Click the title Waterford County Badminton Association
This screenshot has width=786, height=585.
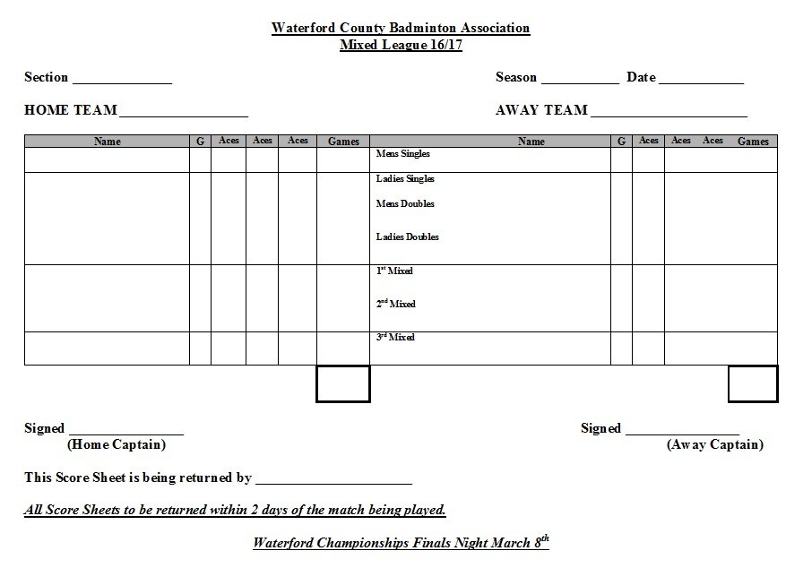click(401, 28)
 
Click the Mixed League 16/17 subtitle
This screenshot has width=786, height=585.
click(401, 45)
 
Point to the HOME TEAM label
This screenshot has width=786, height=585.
click(71, 110)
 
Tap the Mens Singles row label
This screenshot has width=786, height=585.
click(403, 154)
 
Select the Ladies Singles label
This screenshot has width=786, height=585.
click(405, 179)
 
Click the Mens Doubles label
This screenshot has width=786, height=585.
click(405, 204)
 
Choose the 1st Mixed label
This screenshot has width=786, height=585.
click(394, 271)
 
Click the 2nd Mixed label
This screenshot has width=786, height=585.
click(395, 304)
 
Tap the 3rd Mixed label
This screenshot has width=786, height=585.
click(395, 337)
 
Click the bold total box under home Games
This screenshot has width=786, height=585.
click(343, 383)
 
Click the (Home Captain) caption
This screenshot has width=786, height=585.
click(117, 444)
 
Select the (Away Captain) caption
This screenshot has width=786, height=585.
click(715, 444)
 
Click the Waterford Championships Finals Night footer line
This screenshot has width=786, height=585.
click(401, 542)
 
